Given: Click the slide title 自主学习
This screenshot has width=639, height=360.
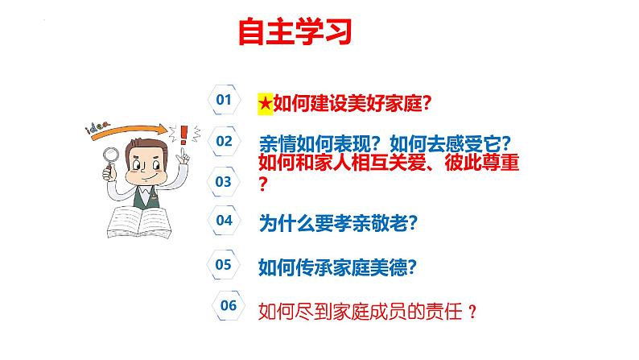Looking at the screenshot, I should tap(295, 34).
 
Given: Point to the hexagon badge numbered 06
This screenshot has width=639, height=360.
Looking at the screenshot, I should tap(229, 304).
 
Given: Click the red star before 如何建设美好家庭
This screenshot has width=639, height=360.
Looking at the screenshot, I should tap(265, 103).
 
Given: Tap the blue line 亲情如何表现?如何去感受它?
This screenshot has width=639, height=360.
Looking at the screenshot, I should tap(385, 143).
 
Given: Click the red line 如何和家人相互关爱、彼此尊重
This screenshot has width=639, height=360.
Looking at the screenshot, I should tap(388, 163).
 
